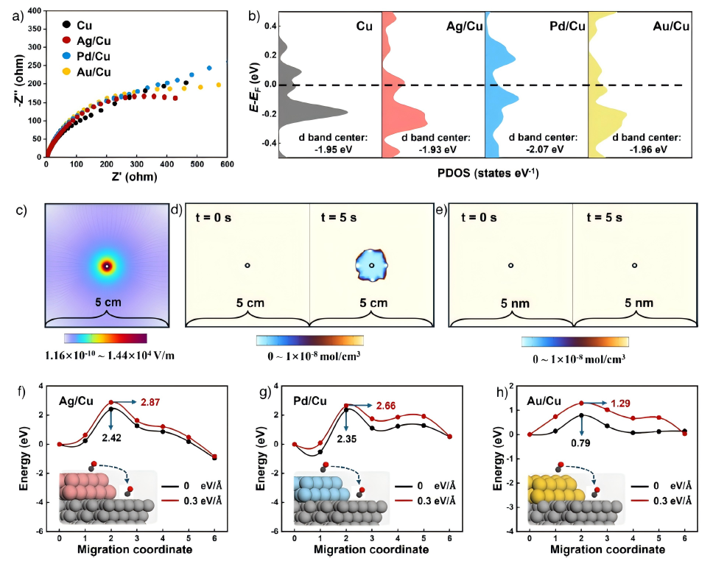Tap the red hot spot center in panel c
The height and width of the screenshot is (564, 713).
tap(107, 265)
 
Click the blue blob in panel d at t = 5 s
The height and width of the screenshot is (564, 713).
tap(371, 265)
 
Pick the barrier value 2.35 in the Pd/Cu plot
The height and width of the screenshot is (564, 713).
tap(347, 441)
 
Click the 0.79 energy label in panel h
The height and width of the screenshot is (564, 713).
tap(580, 444)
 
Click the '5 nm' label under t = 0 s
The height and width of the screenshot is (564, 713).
tap(510, 303)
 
